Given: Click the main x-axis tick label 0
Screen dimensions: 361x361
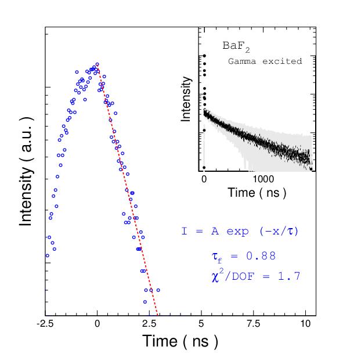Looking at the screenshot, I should (x=98, y=324).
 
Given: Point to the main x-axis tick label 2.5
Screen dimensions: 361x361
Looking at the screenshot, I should (x=149, y=324).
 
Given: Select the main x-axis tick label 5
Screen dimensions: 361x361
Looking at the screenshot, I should (x=201, y=324).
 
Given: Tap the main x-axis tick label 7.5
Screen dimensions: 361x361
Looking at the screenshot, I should (x=252, y=324).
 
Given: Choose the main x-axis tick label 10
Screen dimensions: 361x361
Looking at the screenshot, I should (x=306, y=324).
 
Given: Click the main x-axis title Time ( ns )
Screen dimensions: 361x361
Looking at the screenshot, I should (x=180, y=341).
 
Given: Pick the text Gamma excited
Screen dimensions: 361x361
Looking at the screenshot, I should (x=265, y=60).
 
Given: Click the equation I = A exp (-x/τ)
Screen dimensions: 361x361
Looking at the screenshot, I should (x=239, y=231).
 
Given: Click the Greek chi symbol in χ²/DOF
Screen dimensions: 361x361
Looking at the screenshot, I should (x=216, y=277).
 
